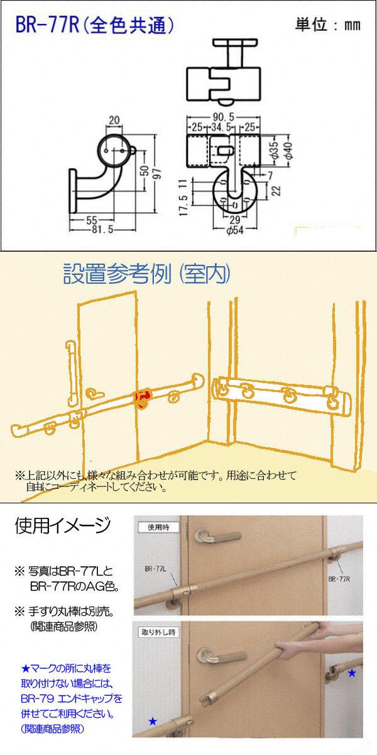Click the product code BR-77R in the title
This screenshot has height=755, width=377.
[48, 25]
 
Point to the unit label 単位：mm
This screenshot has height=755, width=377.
[328, 25]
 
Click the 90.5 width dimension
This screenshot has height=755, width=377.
[223, 117]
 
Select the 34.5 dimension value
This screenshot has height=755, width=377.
[221, 127]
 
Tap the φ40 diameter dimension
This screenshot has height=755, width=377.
[288, 150]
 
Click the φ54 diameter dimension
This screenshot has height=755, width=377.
[234, 230]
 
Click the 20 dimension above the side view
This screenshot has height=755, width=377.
[114, 120]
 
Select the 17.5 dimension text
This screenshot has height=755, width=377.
[183, 205]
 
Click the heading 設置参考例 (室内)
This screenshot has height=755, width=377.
[147, 274]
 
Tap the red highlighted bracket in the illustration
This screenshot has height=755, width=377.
[143, 400]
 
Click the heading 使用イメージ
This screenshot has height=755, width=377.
[63, 525]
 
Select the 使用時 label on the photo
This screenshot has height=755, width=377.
[158, 527]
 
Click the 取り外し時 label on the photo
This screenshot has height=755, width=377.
[158, 632]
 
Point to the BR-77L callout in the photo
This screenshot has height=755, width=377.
[156, 569]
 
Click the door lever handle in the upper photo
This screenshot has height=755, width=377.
[217, 536]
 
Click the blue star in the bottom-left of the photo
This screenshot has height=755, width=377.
[153, 721]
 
